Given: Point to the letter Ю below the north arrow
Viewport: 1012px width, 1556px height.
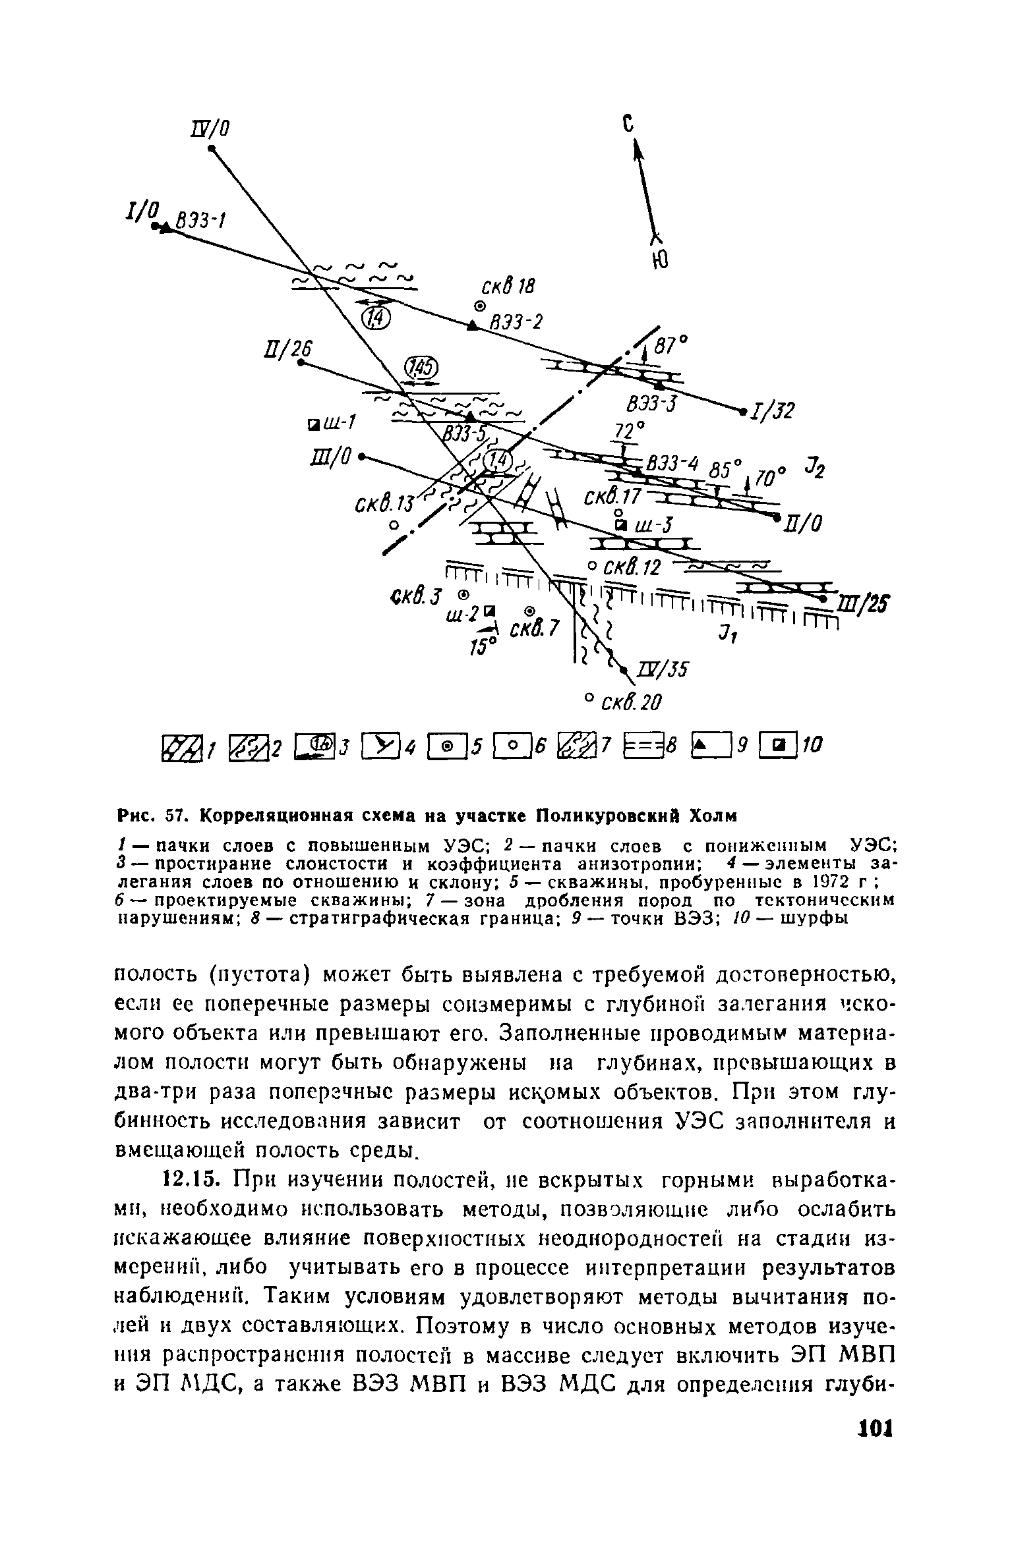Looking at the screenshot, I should point(659,262).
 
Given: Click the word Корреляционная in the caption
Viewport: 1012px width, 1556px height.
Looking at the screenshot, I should point(270,816).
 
